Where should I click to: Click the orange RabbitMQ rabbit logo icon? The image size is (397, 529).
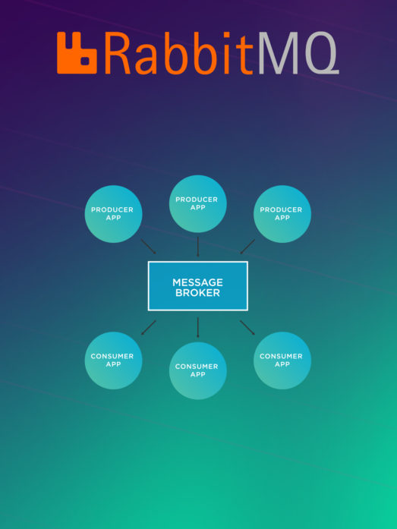tap(77, 53)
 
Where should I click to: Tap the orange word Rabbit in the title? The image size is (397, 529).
tap(179, 53)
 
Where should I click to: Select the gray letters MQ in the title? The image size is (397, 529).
tap(298, 53)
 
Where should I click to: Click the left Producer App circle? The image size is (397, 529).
tap(113, 214)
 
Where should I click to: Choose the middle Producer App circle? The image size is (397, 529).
tap(197, 203)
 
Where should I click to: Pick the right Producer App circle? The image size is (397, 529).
tap(282, 214)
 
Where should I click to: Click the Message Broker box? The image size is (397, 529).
tap(198, 286)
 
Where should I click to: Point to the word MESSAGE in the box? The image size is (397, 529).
tap(197, 282)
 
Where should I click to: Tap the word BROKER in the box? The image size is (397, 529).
tap(197, 292)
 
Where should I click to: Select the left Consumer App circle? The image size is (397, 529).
tap(113, 361)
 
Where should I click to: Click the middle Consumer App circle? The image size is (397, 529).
tap(197, 371)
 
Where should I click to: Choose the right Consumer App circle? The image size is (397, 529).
tap(282, 361)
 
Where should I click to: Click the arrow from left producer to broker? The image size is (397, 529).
tap(149, 247)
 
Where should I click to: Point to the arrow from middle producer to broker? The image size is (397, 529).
tap(198, 247)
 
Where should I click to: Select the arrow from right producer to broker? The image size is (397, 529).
tap(247, 247)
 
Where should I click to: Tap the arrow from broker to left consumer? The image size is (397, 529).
tap(149, 328)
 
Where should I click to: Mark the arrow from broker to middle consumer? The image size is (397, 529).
tap(198, 327)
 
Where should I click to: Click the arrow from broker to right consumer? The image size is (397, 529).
tap(247, 328)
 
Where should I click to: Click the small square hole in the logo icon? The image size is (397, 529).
tap(85, 61)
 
